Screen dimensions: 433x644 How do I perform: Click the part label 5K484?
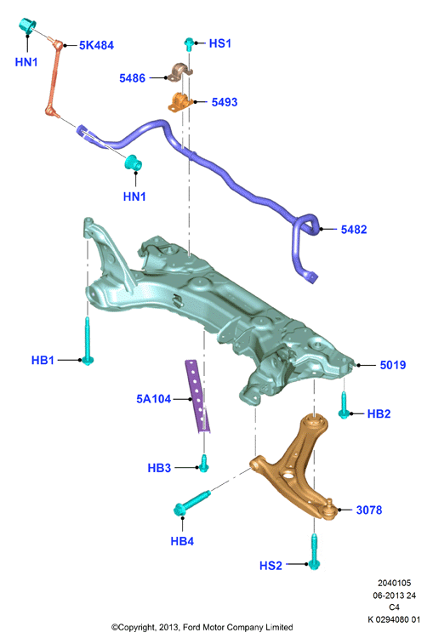point(96,45)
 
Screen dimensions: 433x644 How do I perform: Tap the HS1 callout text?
point(219,43)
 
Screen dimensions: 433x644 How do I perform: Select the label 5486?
point(133,78)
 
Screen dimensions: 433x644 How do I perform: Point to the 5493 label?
point(225,102)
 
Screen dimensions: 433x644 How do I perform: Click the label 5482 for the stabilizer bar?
point(354,229)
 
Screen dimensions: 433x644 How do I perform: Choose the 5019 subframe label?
point(393,365)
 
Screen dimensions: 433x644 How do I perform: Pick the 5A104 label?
point(154,398)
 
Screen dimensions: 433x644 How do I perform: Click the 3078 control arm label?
point(369,510)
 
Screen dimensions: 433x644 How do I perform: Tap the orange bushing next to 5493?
point(180,102)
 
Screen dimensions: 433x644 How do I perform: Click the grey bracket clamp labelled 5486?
point(180,72)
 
